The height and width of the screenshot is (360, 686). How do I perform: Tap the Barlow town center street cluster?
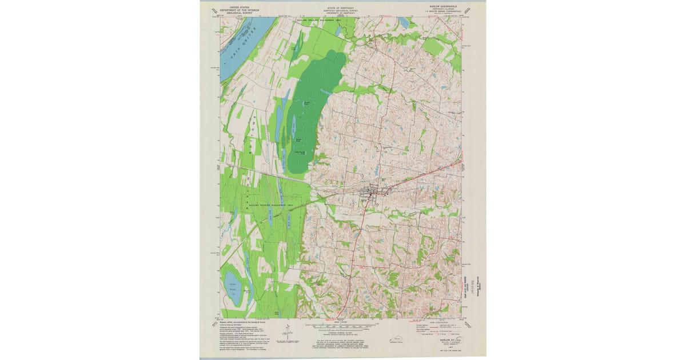[371, 195]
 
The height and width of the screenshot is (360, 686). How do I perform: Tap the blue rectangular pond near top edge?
[404, 21]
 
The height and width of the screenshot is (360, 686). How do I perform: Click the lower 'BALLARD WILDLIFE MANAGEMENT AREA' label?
[267, 204]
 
